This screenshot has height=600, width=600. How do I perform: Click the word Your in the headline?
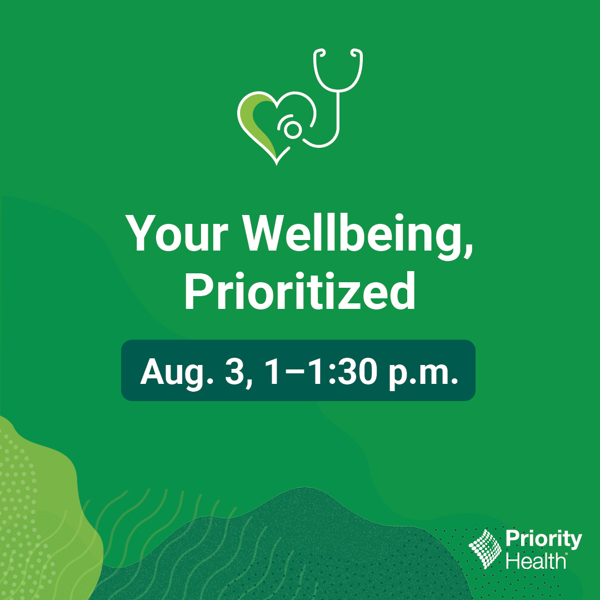177,233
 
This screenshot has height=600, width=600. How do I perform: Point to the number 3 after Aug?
233,371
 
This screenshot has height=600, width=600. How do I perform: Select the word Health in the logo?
536,560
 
